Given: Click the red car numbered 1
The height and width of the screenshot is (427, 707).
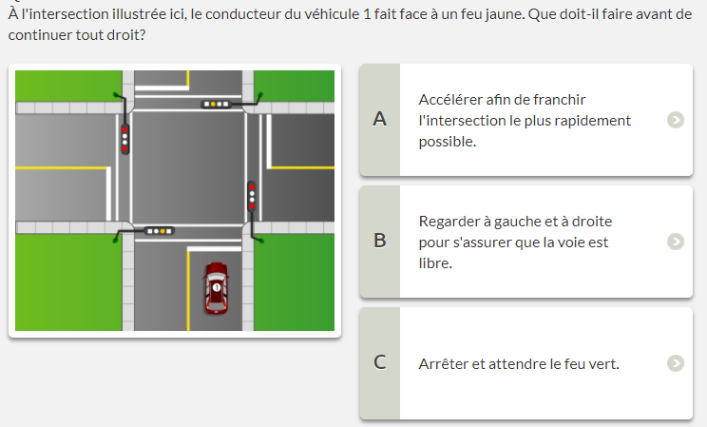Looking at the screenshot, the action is point(216,288).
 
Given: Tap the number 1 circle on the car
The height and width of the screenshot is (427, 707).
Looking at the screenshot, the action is point(217,287).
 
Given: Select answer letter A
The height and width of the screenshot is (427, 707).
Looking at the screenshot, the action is point(380,119).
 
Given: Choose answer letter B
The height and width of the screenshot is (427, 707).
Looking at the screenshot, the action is point(380,241).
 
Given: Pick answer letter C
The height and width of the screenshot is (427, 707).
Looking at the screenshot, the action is point(380,362).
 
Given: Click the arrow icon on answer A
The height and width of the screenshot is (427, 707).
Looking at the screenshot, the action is point(676,120).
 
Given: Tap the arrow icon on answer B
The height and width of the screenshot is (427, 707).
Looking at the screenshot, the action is point(676,242).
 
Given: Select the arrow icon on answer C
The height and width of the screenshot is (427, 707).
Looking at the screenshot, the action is point(676,363).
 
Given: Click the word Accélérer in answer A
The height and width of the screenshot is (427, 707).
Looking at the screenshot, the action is point(447,99).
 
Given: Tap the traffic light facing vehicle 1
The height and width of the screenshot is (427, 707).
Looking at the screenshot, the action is point(159,231).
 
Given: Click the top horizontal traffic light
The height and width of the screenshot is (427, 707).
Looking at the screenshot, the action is point(217,105).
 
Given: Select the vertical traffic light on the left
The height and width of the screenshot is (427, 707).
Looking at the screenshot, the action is point(124,139).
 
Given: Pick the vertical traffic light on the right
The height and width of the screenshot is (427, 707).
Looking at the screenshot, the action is point(252,196).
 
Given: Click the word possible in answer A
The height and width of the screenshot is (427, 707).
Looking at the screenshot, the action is point(448,143).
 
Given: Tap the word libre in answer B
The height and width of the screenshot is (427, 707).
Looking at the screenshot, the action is point(435,262).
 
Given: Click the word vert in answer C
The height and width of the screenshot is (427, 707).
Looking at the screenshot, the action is point(605,364).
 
